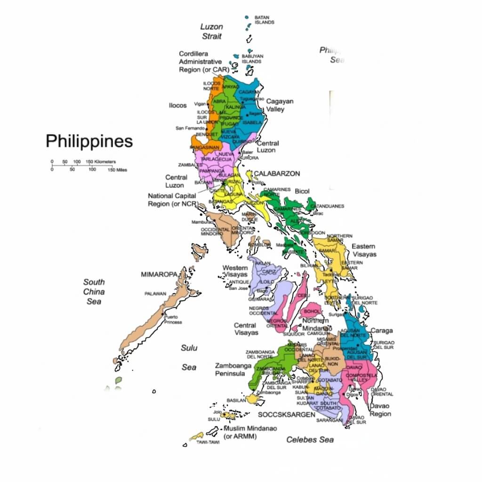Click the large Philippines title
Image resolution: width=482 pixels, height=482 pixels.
[89, 141]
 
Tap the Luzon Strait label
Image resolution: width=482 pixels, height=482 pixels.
[211, 31]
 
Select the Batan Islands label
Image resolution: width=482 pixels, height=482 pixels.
[264, 20]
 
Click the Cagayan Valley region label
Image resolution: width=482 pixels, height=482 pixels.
[280, 105]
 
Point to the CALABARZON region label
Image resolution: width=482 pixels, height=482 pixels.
[277, 174]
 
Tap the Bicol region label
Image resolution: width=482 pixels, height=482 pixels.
[302, 192]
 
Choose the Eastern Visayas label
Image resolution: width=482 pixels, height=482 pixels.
[364, 250]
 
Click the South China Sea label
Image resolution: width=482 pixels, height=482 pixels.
[94, 291]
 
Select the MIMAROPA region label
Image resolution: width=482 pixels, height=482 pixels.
[159, 274]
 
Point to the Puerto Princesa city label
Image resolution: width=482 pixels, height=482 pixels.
[173, 320]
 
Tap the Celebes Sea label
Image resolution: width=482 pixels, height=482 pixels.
[310, 440]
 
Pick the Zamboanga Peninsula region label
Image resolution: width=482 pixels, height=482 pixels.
[230, 369]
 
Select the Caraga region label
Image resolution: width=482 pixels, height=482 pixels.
[381, 330]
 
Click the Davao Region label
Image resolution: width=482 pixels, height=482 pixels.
[380, 410]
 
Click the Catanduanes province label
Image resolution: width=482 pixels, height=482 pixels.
[330, 206]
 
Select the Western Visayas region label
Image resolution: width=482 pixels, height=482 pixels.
[235, 271]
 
